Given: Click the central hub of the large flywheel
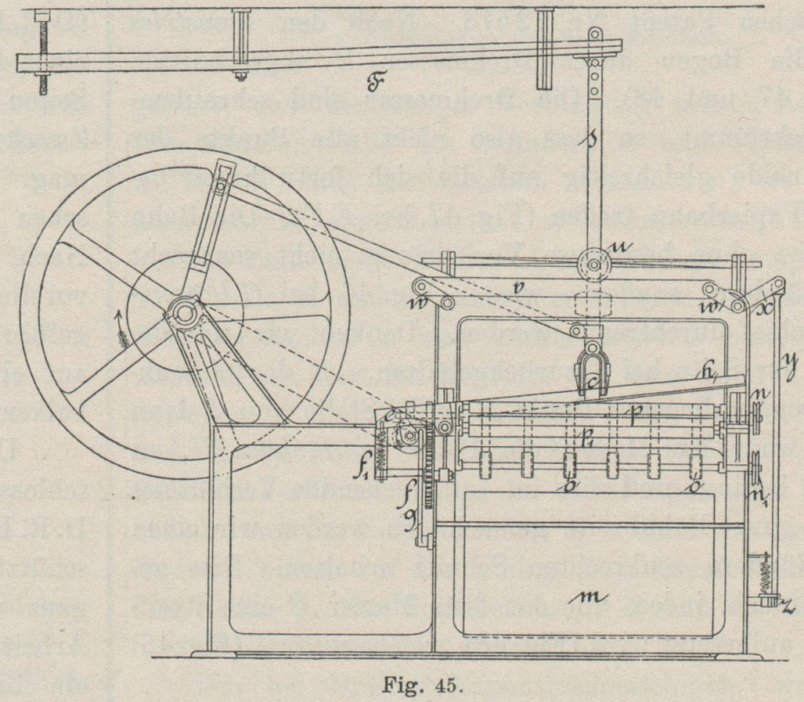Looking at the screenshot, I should [186, 311].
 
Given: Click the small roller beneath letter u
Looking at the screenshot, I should [595, 266].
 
